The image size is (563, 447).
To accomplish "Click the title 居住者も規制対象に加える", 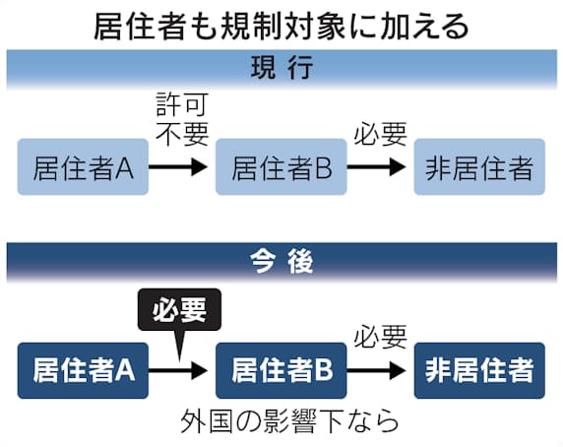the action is [281, 27].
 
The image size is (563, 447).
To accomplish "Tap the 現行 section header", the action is [281, 68].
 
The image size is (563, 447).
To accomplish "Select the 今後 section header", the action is [281, 261].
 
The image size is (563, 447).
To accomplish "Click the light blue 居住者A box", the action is [83, 167].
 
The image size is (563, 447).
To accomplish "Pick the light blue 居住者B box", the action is [281, 167].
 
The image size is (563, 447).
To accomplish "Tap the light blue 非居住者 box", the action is [479, 167].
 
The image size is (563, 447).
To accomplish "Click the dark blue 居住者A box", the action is [83, 370].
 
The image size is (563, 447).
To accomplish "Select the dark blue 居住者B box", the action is [281, 370].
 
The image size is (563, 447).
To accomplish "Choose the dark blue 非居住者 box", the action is [479, 370].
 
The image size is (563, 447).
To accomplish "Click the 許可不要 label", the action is [182, 119].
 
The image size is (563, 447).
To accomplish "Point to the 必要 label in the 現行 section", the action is [381, 134].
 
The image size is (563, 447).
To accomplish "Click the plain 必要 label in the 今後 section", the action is [381, 337].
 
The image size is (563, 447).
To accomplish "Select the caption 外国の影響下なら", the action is [289, 421].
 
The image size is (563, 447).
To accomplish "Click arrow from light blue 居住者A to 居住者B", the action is [178, 167].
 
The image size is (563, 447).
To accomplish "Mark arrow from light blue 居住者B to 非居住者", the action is [376, 167].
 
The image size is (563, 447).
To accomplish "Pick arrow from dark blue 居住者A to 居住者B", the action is [178, 370].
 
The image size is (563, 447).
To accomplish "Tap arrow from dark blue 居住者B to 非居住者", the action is [376, 370].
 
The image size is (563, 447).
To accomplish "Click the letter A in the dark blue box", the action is [125, 370].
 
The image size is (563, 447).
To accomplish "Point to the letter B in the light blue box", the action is [323, 167].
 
